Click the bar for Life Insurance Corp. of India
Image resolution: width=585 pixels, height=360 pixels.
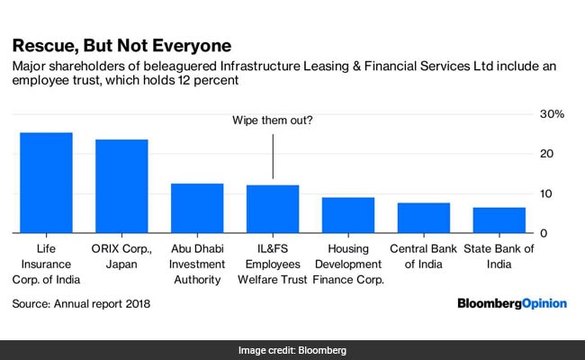(46, 183)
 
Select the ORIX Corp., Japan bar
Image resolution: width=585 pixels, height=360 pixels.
(121, 186)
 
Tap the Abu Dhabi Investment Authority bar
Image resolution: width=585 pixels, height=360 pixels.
(197, 208)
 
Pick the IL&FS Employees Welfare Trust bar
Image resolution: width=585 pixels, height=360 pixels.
(273, 209)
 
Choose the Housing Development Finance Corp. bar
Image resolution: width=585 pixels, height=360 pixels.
(348, 215)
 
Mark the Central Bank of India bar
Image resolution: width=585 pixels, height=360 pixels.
(424, 218)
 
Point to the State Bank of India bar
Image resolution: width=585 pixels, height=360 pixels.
(499, 220)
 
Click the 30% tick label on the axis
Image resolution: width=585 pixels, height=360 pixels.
(552, 114)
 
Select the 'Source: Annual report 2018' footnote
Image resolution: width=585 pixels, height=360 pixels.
(81, 304)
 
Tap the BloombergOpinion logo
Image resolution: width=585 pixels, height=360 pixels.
(511, 304)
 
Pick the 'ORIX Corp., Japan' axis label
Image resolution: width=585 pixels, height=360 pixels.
(121, 256)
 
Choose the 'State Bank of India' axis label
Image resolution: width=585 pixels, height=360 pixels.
(499, 256)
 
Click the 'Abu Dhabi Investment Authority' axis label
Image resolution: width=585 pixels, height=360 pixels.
(197, 264)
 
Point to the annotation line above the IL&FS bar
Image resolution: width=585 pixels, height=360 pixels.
(273, 155)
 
